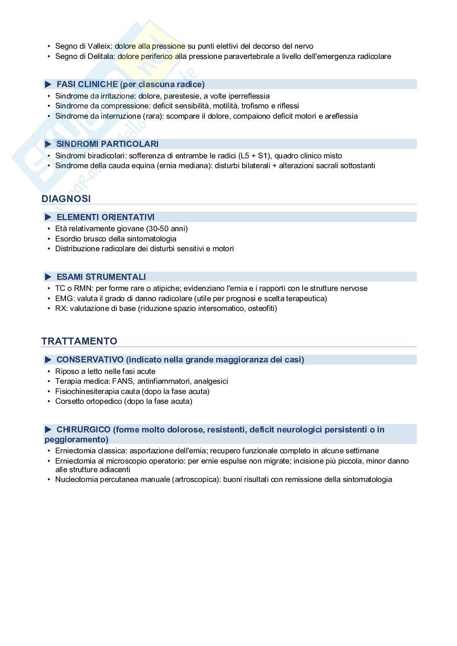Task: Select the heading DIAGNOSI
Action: click(66, 198)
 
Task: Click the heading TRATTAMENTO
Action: click(79, 341)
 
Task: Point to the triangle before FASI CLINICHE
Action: click(48, 84)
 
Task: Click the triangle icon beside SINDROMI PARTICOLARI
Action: click(48, 144)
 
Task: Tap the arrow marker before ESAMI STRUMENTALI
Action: click(48, 277)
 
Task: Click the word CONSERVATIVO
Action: click(90, 360)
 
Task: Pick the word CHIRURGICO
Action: click(84, 430)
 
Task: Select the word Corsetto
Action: click(70, 401)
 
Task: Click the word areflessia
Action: click(341, 116)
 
